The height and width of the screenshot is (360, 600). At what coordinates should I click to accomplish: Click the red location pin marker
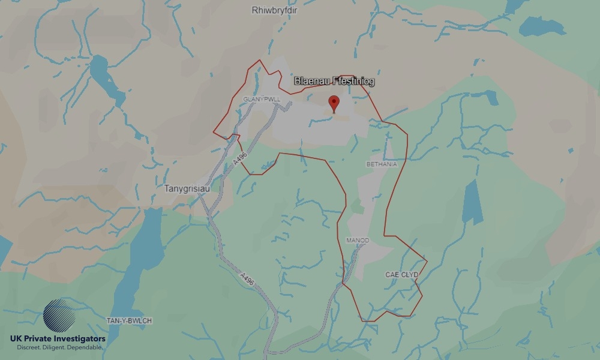point(334,103)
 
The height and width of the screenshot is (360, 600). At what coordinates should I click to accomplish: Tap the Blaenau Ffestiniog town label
point(334,81)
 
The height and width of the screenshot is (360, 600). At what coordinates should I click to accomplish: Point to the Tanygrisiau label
point(186,188)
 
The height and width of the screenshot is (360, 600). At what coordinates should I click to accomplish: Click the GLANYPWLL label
point(262,98)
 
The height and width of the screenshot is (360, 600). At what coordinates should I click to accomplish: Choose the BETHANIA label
point(381,164)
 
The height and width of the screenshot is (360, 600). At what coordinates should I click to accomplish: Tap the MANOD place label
point(358,241)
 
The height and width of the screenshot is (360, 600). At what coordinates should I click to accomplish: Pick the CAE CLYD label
point(401,275)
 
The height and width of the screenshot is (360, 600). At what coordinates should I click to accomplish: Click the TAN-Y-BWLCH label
point(129,321)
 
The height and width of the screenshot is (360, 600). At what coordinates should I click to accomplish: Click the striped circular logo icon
point(59,316)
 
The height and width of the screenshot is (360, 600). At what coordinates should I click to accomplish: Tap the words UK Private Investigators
point(58,339)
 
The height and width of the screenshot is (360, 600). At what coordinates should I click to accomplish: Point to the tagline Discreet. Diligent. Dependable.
point(58,348)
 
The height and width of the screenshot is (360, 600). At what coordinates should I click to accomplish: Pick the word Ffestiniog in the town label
point(351,81)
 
